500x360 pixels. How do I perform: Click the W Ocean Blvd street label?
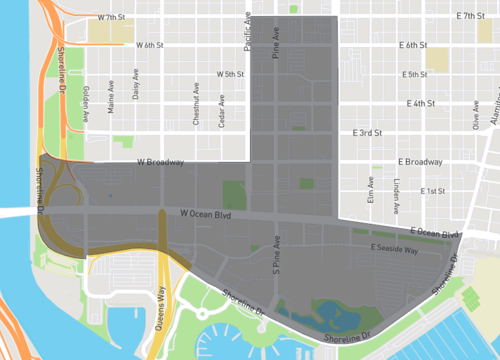[x=207, y=213]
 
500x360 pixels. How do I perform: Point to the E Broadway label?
[x=420, y=162]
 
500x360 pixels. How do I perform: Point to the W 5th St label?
[x=230, y=74]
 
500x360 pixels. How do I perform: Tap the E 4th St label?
[x=421, y=103]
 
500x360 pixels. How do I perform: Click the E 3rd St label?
[x=367, y=132]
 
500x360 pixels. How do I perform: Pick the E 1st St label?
[x=433, y=190]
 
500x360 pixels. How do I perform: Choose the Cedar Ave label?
[x=220, y=110]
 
